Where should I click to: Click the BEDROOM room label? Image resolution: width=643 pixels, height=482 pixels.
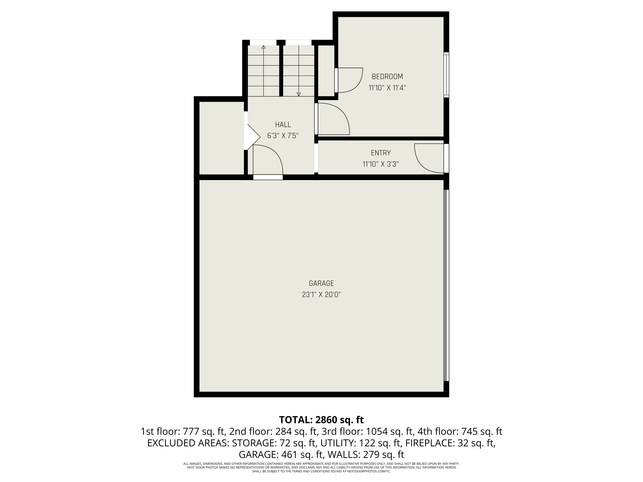[387, 77]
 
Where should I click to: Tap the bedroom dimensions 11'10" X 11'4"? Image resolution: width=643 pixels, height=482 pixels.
[387, 88]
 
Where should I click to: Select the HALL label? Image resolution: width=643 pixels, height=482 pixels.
[283, 125]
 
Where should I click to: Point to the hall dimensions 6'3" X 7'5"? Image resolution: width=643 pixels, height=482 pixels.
[283, 136]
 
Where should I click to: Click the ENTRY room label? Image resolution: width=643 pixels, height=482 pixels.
[380, 153]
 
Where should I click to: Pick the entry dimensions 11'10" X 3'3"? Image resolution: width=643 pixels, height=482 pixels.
[380, 164]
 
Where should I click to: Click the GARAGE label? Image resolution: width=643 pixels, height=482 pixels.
[321, 283]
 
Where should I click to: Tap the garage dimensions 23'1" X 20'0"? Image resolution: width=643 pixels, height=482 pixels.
[321, 295]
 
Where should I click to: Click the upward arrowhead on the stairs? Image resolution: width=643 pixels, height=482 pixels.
[263, 47]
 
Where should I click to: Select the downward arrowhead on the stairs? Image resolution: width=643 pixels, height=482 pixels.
[299, 94]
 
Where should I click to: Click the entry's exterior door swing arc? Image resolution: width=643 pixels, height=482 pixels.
[424, 163]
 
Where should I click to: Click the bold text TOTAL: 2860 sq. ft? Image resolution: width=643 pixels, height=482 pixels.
[321, 420]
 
